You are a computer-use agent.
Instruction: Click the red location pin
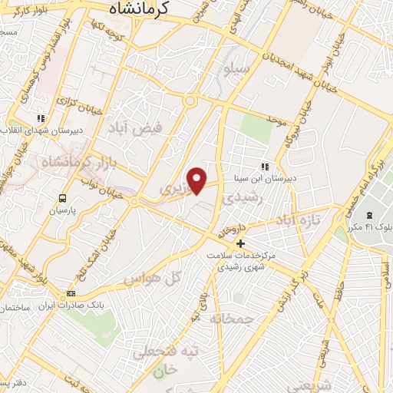click(198, 180)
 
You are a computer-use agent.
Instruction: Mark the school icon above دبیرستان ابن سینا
click(265, 167)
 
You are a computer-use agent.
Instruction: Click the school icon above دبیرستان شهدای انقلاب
click(41, 118)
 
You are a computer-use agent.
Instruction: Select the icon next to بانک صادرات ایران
click(72, 293)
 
